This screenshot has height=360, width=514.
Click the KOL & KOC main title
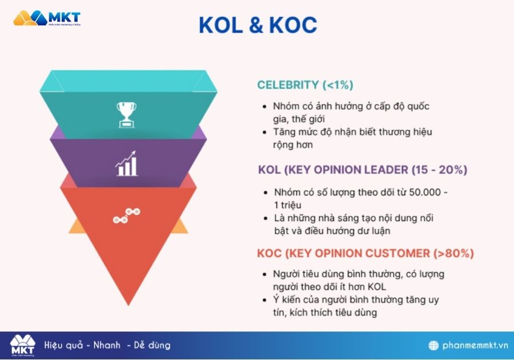[x=257, y=25]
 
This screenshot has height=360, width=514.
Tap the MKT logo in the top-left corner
[x=47, y=18]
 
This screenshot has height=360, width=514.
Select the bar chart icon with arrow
[x=126, y=163]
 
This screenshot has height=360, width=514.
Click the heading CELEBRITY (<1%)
[x=305, y=85]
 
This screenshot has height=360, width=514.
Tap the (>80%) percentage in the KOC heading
[x=453, y=253]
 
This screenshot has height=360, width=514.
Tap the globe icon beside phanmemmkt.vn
[x=434, y=345]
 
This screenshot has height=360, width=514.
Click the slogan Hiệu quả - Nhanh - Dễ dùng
[x=107, y=345]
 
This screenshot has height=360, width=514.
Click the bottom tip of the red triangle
[x=128, y=303]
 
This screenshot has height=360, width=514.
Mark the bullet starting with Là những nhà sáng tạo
[x=355, y=224]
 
